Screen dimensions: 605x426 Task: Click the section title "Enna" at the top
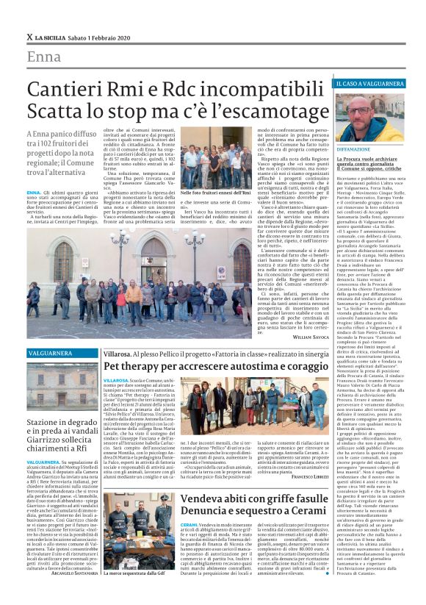pos(43,57)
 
